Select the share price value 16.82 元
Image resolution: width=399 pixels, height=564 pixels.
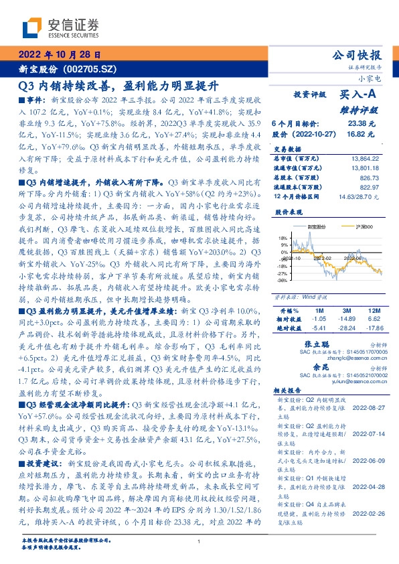pos(362,133)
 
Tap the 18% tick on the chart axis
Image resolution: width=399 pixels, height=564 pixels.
pos(283,238)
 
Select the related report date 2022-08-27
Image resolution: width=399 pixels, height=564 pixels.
pos(367,406)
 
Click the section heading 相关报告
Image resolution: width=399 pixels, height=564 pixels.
pos(289,390)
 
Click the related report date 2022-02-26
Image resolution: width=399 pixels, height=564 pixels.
pos(367,514)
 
